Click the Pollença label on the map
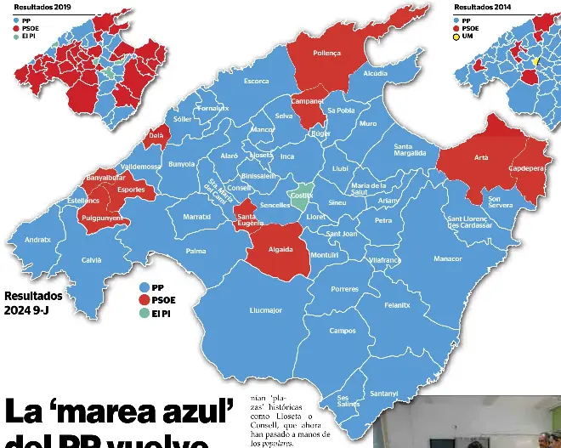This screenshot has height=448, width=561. click(x=326, y=53)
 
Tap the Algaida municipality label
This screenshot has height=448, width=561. click(x=280, y=249)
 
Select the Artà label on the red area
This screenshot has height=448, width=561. click(x=481, y=157)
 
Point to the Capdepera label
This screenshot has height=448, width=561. click(x=526, y=168)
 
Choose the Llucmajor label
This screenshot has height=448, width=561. click(x=266, y=310)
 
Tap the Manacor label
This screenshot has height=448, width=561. click(x=447, y=258)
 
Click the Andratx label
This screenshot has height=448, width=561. click(x=37, y=240)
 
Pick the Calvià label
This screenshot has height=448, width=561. click(x=91, y=259)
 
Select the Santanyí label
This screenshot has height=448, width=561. click(x=384, y=393)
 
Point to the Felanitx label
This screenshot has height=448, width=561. click(x=397, y=304)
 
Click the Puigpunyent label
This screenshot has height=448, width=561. click(x=101, y=218)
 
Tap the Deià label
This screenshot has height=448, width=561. click(x=156, y=135)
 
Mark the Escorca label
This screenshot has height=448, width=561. click(x=256, y=82)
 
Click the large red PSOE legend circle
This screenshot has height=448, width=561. click(x=144, y=300)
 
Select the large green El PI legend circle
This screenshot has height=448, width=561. click(x=144, y=313)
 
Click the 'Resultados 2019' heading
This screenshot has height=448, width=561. click(x=42, y=7)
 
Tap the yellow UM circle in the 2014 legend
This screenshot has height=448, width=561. click(x=456, y=37)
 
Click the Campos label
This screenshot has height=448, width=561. click(x=343, y=331)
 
